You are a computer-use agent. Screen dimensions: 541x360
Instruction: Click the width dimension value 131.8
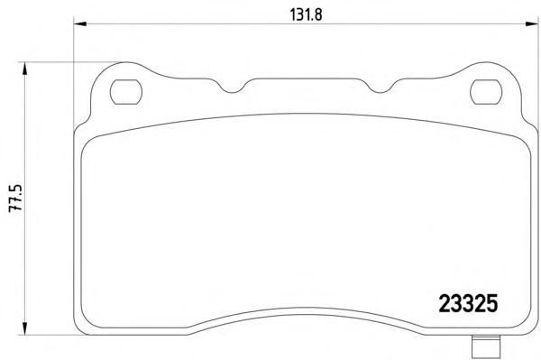click(x=306, y=14)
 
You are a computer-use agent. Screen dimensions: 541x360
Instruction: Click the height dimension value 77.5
click(x=16, y=198)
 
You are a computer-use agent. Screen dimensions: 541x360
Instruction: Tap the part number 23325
click(x=468, y=304)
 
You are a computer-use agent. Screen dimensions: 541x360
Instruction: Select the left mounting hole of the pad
click(x=126, y=92)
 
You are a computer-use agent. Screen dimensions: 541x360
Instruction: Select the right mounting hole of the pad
click(x=486, y=92)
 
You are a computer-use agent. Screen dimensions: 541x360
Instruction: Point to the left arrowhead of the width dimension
click(x=80, y=23)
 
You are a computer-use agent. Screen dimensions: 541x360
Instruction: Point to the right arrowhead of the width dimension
click(x=532, y=23)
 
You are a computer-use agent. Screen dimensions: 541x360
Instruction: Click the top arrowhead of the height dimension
click(x=24, y=69)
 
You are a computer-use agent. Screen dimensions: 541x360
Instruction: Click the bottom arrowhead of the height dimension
click(x=24, y=328)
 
